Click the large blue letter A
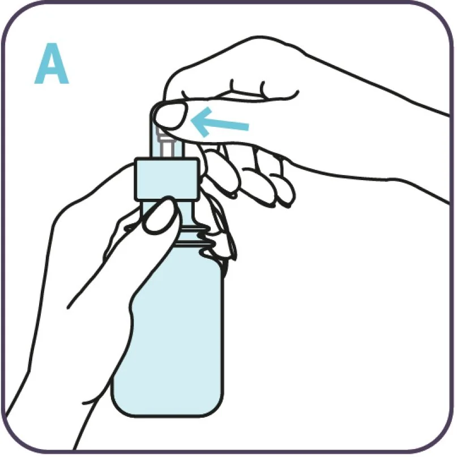pos(52,63)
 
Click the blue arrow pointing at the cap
pos(220,122)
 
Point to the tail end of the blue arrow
pos(248,127)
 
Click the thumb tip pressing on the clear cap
pos(170,116)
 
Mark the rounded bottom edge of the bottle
pos(168,413)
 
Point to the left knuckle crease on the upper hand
pos(232,85)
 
